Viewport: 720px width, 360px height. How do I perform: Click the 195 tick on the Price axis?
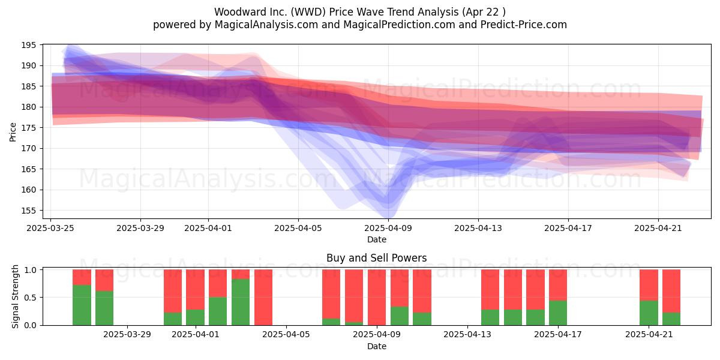tap(29, 46)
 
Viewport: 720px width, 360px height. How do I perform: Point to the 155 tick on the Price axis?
tap(29, 211)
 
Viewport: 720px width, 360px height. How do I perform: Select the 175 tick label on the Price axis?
tap(29, 128)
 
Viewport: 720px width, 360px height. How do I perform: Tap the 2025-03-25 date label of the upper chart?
tap(50, 228)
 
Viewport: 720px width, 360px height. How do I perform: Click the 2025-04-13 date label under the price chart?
tap(478, 228)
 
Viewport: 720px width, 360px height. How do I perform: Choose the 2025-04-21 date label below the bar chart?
tap(649, 335)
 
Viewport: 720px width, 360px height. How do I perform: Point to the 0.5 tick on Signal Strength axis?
tap(30, 298)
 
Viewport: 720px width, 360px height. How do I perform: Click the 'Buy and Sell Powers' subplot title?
tap(376, 258)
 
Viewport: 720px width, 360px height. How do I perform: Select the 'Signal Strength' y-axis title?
tap(15, 296)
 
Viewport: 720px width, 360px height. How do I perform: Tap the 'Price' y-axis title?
tap(13, 132)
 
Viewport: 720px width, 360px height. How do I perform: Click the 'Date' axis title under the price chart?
tap(377, 239)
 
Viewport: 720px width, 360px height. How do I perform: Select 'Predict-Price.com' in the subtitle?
tap(524, 25)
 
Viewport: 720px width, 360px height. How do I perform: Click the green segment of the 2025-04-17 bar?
tap(558, 313)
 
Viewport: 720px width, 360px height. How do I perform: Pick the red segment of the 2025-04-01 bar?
tap(196, 289)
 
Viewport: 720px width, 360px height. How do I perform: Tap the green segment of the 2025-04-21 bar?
tap(649, 313)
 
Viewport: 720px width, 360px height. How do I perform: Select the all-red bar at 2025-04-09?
tap(377, 298)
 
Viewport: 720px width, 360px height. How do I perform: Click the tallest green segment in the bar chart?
tap(241, 302)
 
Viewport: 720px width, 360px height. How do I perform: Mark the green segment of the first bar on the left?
tap(82, 305)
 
